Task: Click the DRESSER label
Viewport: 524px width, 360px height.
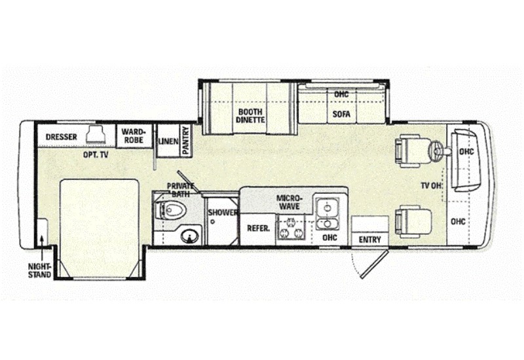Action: point(62,137)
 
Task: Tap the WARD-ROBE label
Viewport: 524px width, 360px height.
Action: point(133,135)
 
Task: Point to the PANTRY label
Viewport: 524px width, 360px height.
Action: point(186,140)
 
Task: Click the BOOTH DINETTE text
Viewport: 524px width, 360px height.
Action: point(250,116)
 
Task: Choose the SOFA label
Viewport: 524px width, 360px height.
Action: point(341,113)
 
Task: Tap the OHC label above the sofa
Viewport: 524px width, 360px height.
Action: point(341,95)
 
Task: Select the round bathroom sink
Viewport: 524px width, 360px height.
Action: point(189,235)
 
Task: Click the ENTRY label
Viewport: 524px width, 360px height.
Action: point(369,240)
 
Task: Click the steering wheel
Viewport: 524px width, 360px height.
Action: point(438,151)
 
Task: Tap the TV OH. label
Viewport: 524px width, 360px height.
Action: point(432,186)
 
